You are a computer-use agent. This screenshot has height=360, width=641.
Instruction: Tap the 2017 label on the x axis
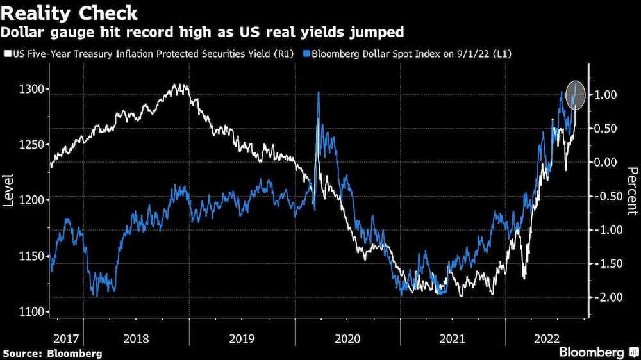[x=67, y=337]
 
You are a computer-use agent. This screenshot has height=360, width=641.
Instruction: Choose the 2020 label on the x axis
[x=347, y=337]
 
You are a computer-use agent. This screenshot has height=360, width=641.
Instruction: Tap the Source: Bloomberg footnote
[x=53, y=353]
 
